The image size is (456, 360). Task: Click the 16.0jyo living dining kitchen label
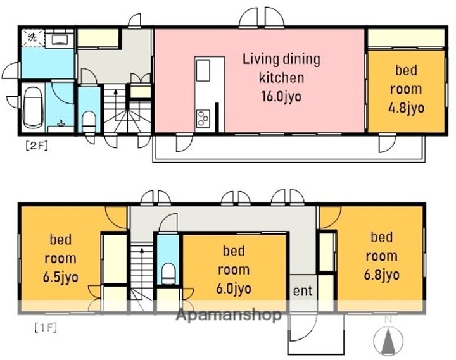point(281,78)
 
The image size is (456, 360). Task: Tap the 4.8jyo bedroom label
point(406,89)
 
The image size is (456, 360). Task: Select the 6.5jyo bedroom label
point(61,258)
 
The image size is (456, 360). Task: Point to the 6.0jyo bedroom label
point(234,270)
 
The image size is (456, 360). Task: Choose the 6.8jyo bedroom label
point(381,256)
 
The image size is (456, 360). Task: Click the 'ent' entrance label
point(303,290)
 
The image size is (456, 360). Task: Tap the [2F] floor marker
point(37,146)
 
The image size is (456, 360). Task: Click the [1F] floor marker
point(46,328)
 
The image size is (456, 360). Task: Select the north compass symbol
point(388,337)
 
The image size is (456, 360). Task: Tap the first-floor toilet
point(168,273)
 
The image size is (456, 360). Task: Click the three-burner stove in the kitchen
point(203,118)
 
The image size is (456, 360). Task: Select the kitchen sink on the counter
point(203,71)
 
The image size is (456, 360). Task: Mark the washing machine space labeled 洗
point(33,38)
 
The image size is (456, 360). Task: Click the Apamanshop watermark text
point(229,314)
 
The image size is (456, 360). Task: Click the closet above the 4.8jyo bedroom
point(406,38)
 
